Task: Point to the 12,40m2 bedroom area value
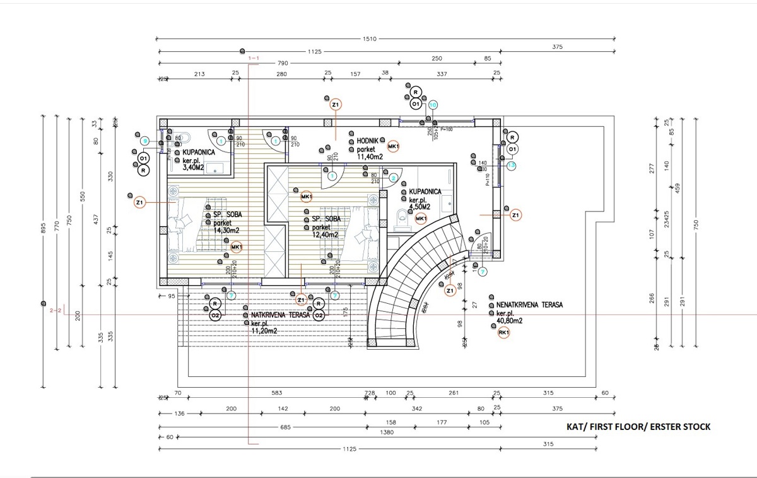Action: [325, 235]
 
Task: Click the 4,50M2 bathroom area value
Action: [420, 206]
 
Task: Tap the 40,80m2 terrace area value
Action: [510, 321]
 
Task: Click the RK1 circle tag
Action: [503, 333]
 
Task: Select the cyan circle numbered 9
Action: [144, 141]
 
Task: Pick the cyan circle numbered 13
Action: [512, 165]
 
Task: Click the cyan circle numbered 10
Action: [433, 105]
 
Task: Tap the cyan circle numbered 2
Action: [393, 178]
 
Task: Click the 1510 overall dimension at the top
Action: [369, 39]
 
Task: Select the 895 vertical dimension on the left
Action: [43, 229]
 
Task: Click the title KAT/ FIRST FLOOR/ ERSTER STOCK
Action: [638, 427]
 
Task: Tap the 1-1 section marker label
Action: [254, 59]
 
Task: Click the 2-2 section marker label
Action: [56, 310]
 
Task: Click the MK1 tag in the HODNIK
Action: [394, 147]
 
